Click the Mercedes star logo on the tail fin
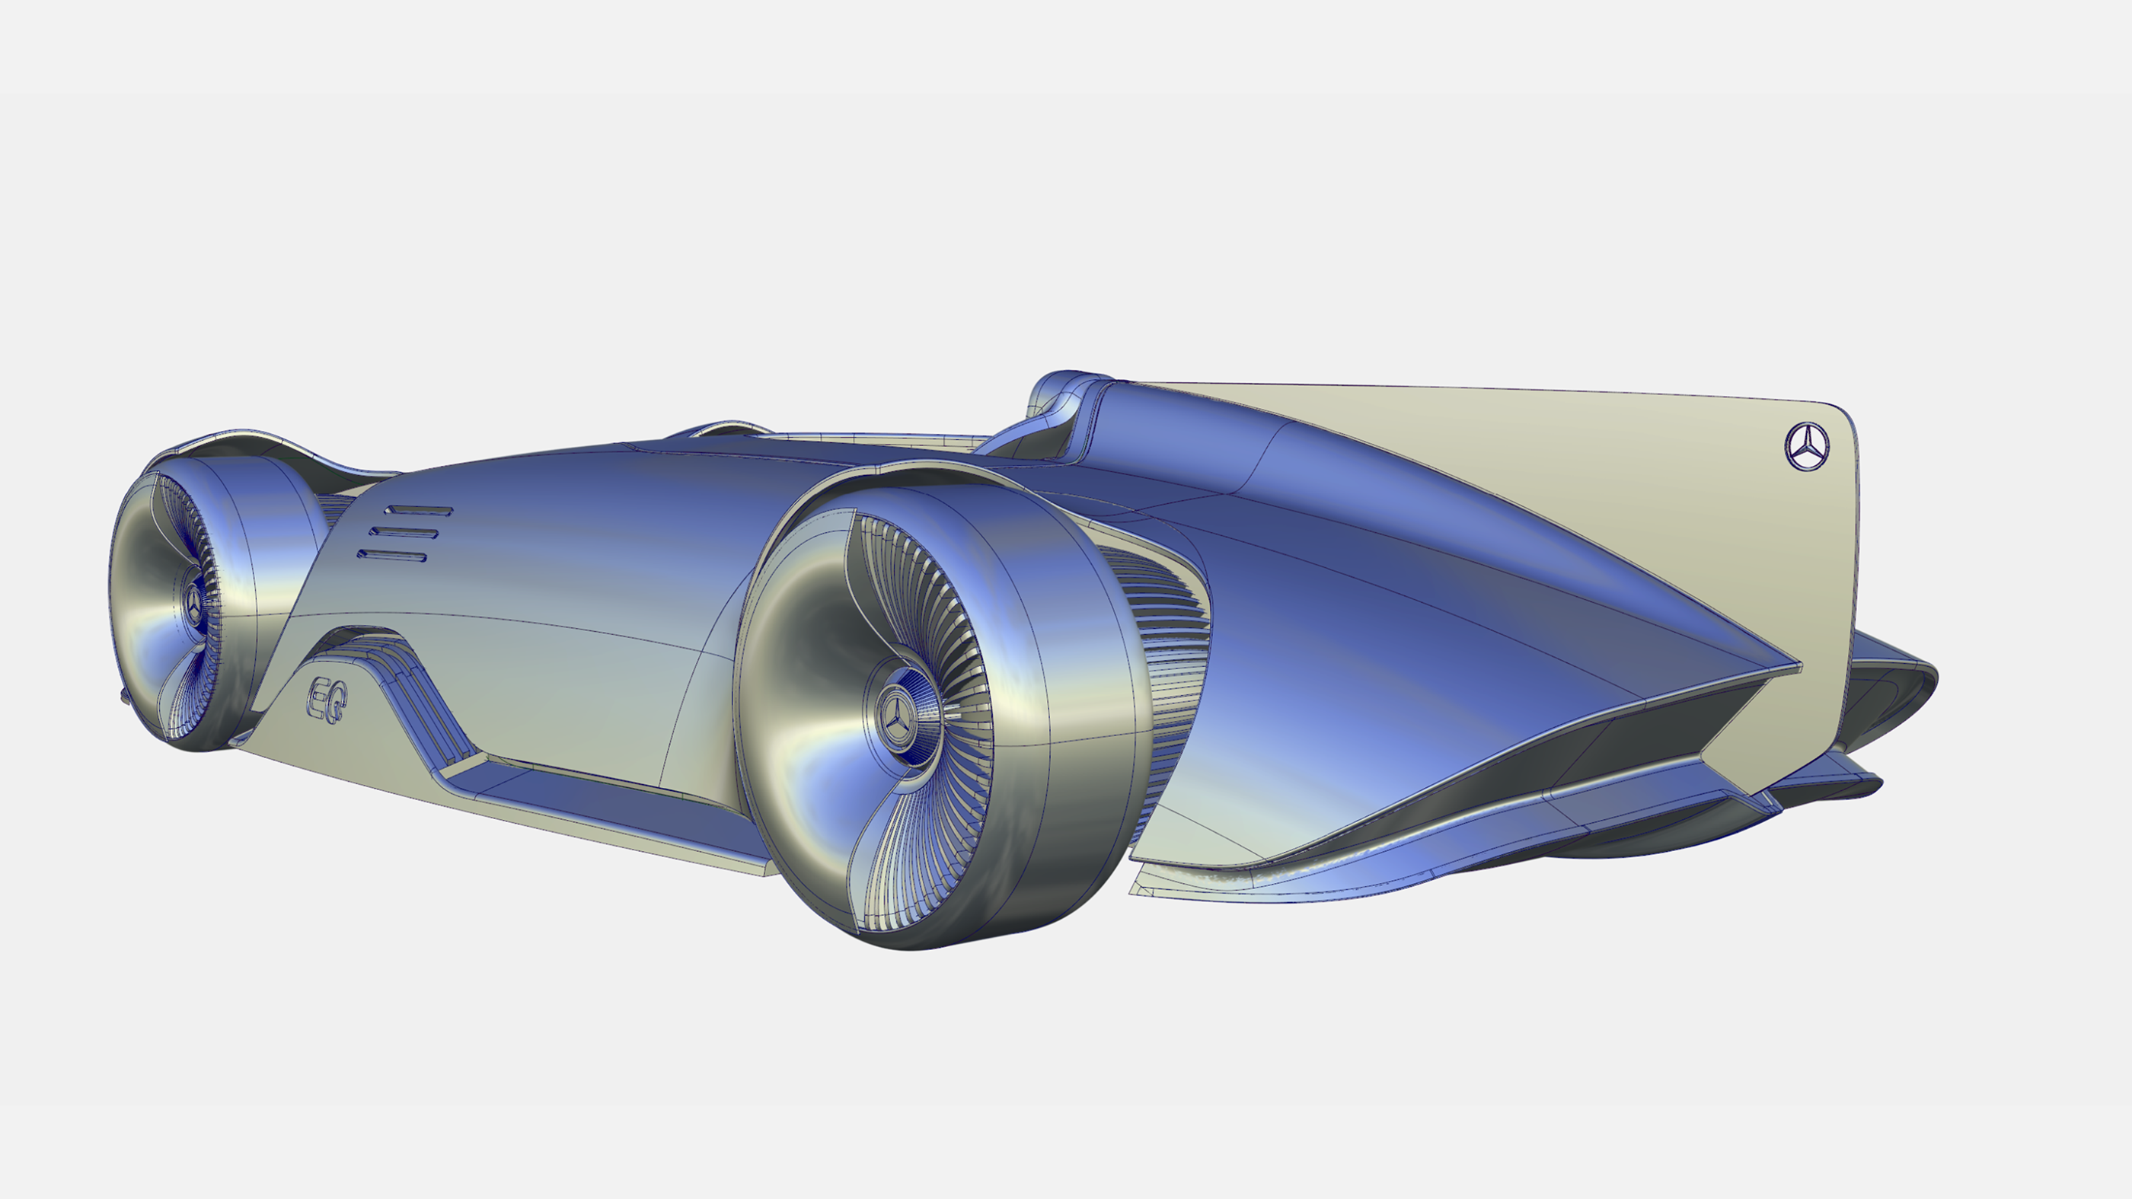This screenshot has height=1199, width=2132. coord(1807,447)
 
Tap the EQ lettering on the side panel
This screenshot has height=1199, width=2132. coord(327,699)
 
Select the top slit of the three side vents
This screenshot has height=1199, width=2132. coord(419,511)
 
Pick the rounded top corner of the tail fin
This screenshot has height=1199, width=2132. coord(1841,418)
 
